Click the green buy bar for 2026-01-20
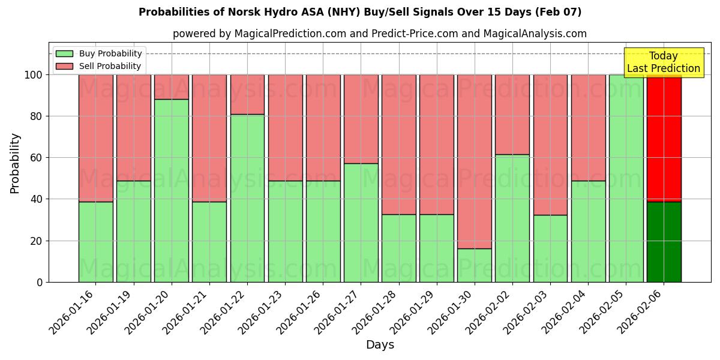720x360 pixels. (172, 190)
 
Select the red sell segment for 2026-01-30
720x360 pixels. (475, 161)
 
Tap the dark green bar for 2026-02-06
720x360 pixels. (664, 242)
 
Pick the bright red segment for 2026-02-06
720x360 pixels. (664, 138)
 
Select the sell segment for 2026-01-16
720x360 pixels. (96, 138)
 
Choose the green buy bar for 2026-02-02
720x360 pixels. (512, 218)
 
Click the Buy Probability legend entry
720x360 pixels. (99, 53)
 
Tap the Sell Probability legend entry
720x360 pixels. (99, 66)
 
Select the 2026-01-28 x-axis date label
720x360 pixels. (374, 311)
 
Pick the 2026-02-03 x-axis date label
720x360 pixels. (526, 311)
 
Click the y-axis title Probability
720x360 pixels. (15, 163)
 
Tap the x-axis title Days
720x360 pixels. (380, 345)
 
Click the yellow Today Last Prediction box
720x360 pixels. (664, 62)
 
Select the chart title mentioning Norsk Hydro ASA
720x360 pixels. (360, 12)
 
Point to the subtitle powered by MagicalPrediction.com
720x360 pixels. (380, 34)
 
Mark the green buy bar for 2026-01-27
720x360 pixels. (361, 223)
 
